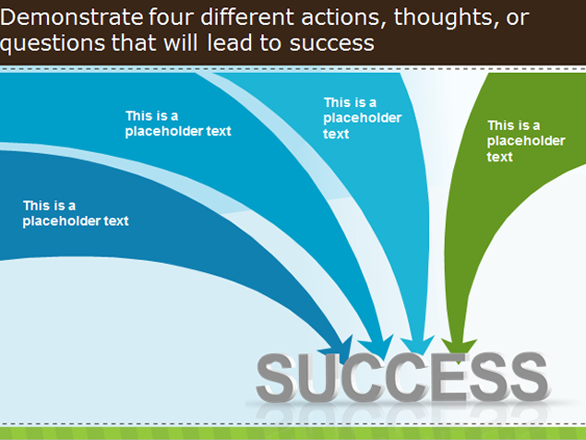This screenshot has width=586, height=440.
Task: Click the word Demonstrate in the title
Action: [71, 18]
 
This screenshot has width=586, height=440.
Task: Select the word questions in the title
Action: [53, 44]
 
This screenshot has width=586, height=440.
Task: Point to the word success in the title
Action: [332, 44]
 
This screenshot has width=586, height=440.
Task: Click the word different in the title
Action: [247, 18]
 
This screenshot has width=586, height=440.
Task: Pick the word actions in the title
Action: [343, 18]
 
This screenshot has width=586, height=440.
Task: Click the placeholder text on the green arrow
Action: [526, 141]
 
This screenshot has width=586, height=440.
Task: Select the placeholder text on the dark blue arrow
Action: [76, 213]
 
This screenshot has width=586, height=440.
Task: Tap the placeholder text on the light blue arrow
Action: [362, 118]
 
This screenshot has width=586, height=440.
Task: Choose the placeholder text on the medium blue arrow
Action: [178, 124]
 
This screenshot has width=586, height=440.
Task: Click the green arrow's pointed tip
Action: [459, 363]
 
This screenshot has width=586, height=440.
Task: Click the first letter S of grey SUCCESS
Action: [276, 377]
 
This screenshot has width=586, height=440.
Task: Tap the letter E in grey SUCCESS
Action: [450, 377]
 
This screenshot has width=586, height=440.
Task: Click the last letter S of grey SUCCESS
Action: [529, 377]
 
